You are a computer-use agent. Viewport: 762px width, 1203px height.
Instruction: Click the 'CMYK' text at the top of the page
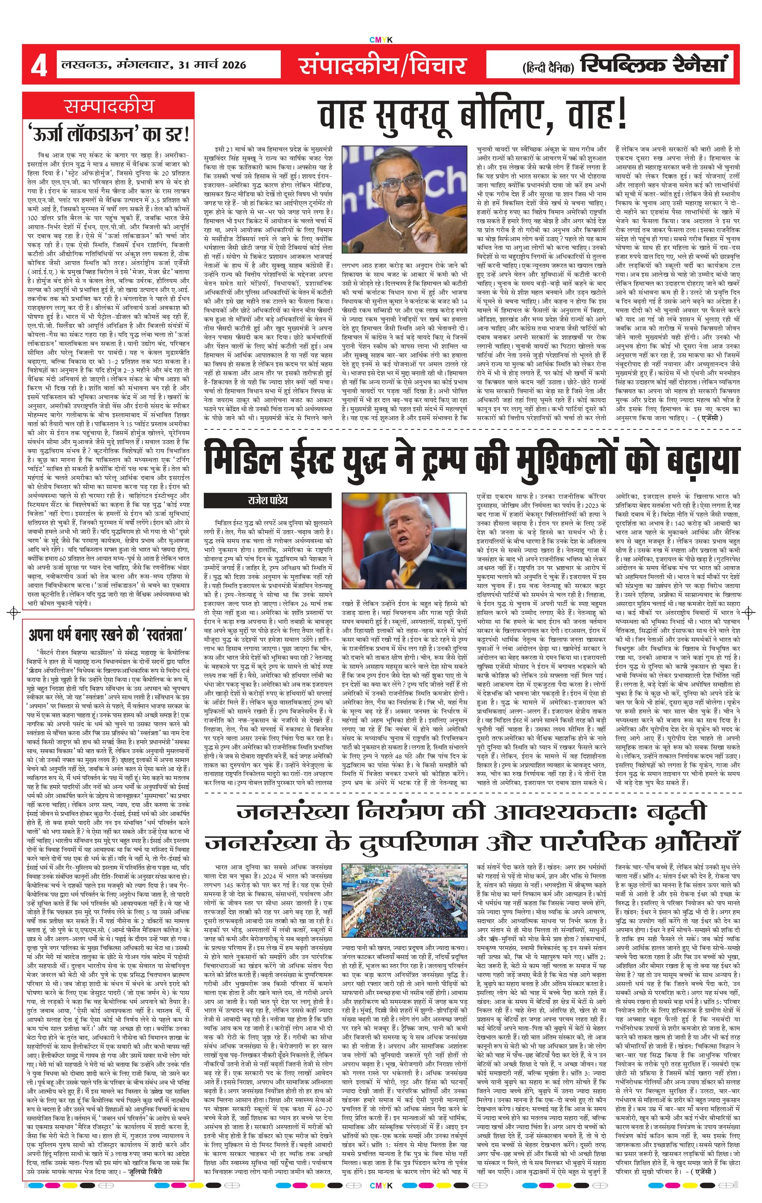[x=381, y=40]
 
